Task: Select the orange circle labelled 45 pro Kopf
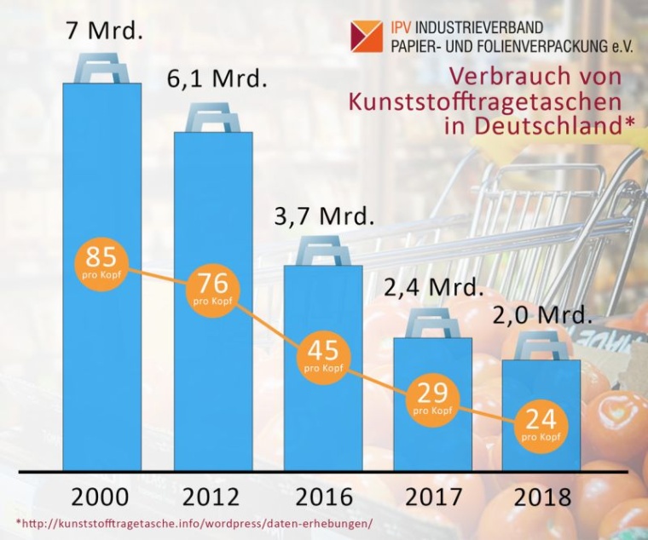coord(321,355)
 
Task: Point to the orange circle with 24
coord(540,424)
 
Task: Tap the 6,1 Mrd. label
coord(216,83)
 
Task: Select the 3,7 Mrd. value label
coord(323,215)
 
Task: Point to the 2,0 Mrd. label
coord(541,315)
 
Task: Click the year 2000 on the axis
coord(101,497)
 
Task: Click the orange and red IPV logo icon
coord(367,37)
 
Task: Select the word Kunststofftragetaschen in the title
coord(484,101)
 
